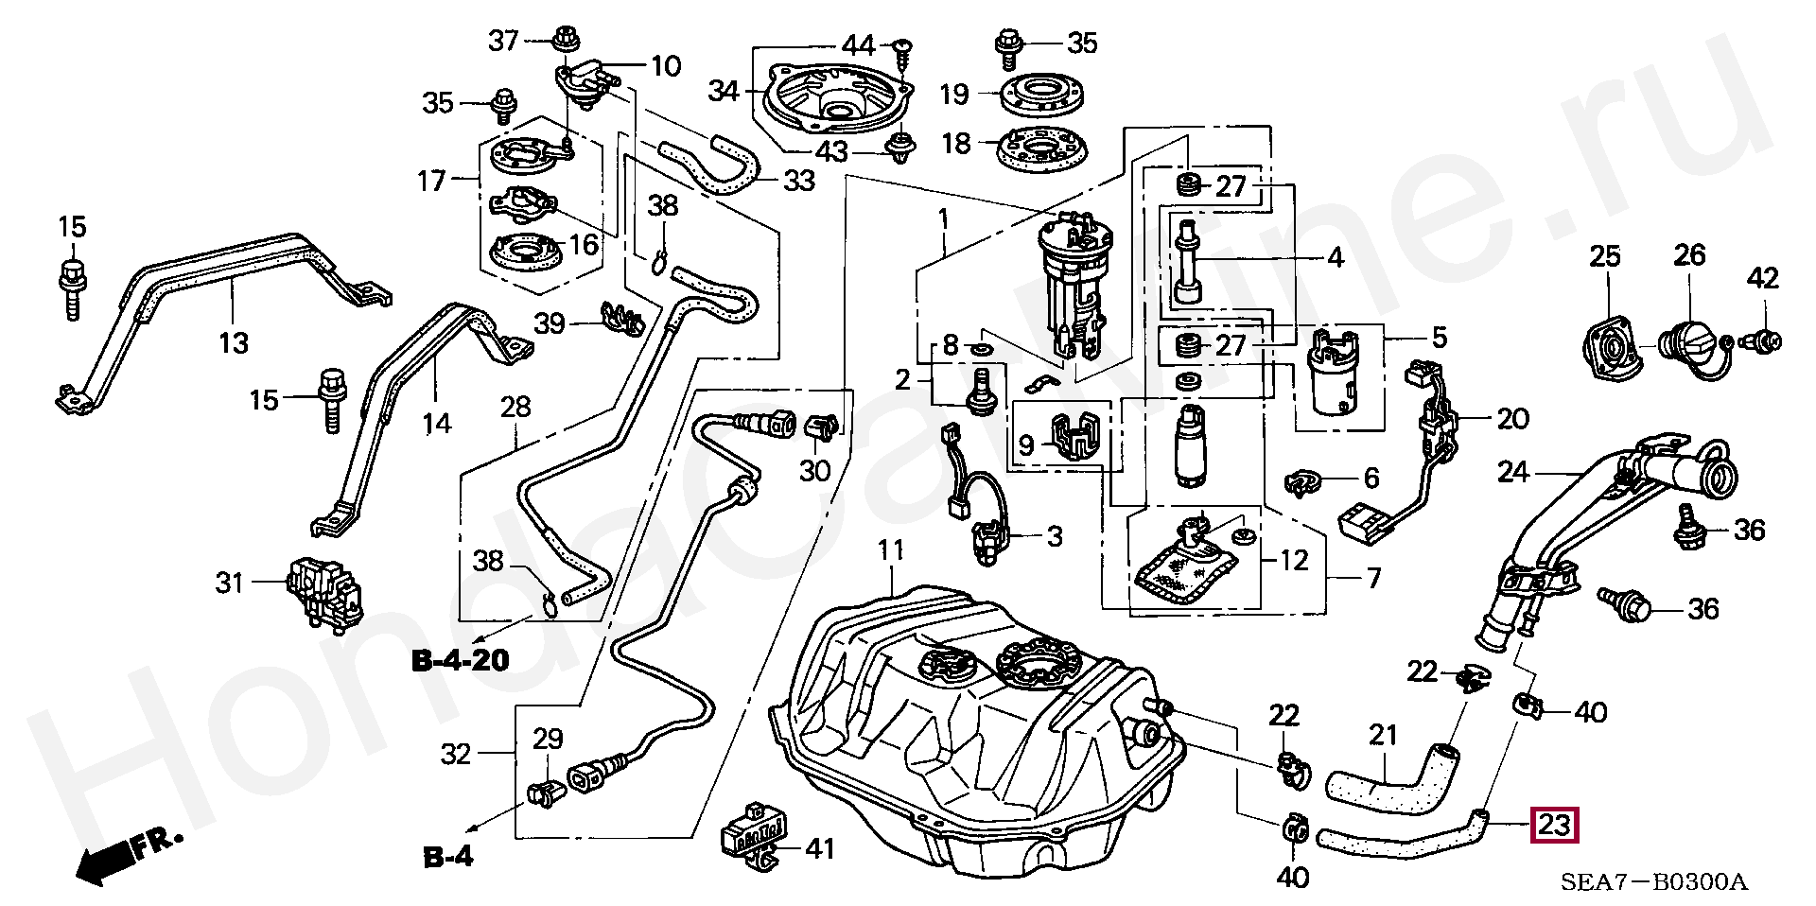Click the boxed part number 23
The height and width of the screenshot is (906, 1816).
point(1555,825)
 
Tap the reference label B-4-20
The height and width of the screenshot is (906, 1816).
point(460,660)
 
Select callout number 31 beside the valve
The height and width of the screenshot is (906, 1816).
point(230,583)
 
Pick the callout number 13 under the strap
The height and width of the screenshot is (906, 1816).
point(233,341)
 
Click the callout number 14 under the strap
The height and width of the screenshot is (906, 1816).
point(436,423)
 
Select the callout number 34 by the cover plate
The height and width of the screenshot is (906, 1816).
point(724,91)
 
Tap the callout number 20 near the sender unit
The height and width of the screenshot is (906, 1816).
point(1512,418)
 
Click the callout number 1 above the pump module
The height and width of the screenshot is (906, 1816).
point(943,220)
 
